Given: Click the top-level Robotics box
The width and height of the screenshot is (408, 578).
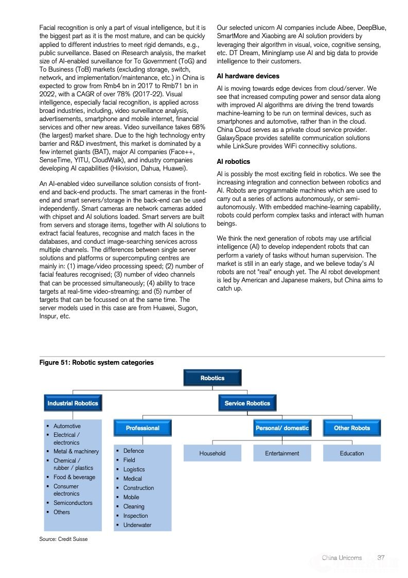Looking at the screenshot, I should [212, 378].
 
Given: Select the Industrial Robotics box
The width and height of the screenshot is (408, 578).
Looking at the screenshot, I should [73, 403].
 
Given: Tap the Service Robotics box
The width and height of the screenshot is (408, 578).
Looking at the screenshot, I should [247, 403].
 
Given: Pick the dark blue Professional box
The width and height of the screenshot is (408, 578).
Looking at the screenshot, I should [143, 428].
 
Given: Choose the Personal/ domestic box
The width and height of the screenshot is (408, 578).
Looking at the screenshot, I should [282, 428].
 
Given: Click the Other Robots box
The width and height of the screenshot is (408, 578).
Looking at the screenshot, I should [352, 428].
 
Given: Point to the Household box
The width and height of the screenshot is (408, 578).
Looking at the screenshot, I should [212, 453].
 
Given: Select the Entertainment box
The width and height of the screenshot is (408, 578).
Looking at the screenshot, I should [282, 453].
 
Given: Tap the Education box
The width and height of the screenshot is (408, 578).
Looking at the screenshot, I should [352, 453].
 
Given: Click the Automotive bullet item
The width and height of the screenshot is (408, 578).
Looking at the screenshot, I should [67, 426].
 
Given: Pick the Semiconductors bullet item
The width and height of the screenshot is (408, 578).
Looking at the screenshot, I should [73, 503].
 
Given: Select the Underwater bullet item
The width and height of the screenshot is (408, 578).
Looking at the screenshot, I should [137, 525].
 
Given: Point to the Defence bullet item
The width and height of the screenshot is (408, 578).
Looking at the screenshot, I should [133, 451].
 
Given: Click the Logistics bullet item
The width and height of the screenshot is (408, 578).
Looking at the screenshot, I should [134, 469].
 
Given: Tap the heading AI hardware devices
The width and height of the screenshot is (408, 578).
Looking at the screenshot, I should [248, 76].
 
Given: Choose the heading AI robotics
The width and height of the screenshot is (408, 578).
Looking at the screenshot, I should [234, 162].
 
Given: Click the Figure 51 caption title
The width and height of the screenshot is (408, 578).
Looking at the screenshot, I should [97, 363].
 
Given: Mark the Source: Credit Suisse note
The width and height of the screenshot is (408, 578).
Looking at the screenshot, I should [64, 539].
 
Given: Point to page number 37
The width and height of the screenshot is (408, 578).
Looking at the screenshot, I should [381, 557].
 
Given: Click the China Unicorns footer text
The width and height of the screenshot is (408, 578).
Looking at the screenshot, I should [342, 557].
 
